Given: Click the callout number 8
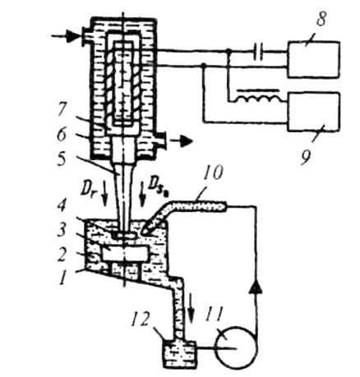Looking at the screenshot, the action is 321,18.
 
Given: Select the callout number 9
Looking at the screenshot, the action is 306,158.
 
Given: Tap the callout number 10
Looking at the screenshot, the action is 213,173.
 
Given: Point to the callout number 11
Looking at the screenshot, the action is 215,314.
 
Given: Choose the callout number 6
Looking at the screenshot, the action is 62,134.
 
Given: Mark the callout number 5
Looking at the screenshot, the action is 62,159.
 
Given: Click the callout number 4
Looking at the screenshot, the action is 62,206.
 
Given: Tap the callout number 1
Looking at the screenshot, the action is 63,278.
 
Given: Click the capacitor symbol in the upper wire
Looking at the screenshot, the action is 258,52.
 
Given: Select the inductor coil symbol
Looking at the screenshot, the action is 258,99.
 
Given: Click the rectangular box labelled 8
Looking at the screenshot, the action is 314,59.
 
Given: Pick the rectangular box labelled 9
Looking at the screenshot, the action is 314,113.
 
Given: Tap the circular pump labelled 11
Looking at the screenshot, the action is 237,347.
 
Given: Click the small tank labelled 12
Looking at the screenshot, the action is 180,353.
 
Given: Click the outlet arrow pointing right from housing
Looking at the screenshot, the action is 181,141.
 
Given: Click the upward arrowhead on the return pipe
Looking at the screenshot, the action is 256,287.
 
